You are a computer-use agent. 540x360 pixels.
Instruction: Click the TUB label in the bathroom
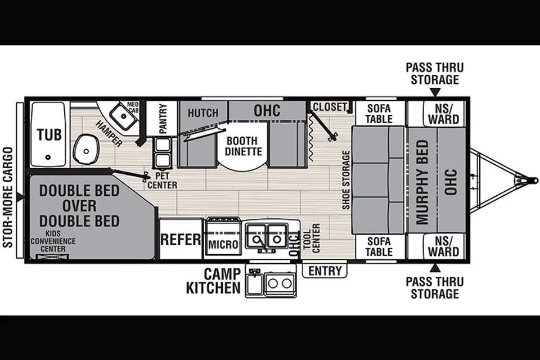coord(49,134)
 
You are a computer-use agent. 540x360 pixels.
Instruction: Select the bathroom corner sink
coord(122,116)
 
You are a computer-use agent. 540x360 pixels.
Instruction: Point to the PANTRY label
coord(163,119)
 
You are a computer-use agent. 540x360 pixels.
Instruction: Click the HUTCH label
coord(203,113)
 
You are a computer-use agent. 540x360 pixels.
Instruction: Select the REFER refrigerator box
coord(181,239)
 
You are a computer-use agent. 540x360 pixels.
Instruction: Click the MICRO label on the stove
coord(223,245)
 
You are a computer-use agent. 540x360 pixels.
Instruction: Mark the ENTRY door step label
coord(325,271)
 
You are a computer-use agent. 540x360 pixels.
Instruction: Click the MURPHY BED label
coord(422,182)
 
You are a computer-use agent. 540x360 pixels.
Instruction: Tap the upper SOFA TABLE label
coord(379,114)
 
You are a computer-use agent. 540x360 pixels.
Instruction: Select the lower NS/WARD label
coord(444,246)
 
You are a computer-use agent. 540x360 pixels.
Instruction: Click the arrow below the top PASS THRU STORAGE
coord(435,92)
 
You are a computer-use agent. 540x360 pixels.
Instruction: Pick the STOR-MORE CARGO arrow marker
coord(20,197)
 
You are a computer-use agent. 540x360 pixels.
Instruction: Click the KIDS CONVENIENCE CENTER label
coord(53,241)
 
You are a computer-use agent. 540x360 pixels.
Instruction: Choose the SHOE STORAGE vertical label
coord(346,180)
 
